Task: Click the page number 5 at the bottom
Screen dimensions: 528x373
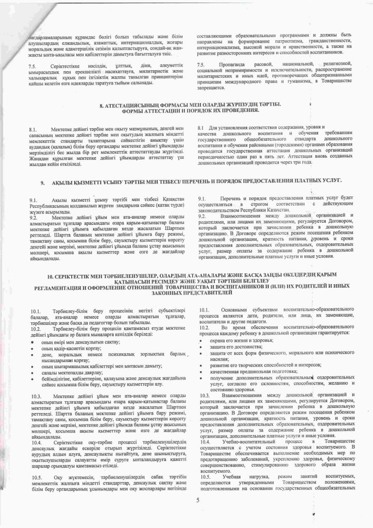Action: pos(197,500)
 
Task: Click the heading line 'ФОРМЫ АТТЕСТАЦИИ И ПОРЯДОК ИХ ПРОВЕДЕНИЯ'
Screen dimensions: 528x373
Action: pos(186,111)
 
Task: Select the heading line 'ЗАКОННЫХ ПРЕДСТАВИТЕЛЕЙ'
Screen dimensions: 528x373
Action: pos(186,292)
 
